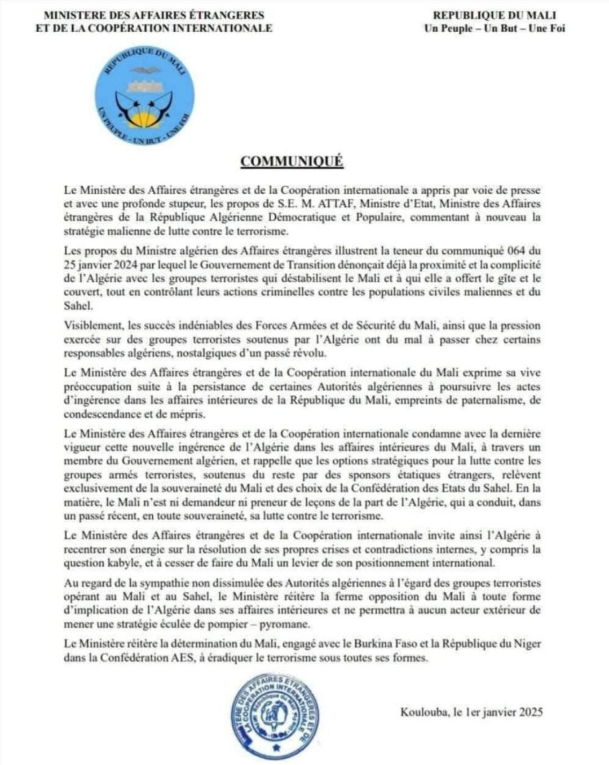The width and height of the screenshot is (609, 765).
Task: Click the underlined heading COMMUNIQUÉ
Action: pyautogui.click(x=292, y=161)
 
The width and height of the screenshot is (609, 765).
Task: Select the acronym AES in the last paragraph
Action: pyautogui.click(x=180, y=658)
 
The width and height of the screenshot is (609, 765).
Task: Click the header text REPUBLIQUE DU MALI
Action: pyautogui.click(x=494, y=15)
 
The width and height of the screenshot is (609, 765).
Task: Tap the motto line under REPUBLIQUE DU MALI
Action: pyautogui.click(x=494, y=28)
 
